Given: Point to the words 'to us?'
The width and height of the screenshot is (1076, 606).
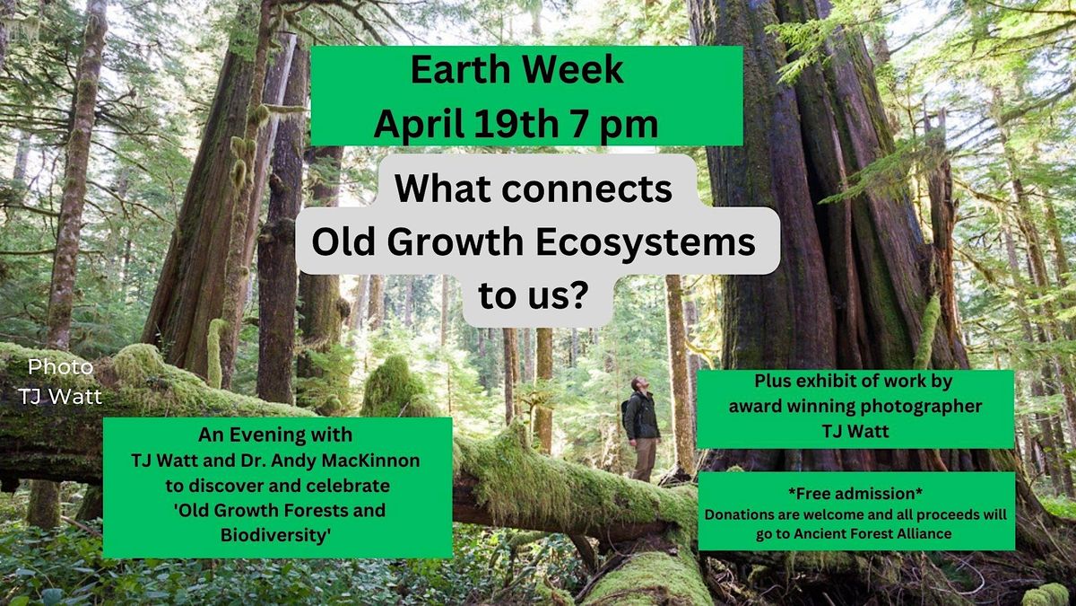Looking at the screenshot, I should (x=533, y=295).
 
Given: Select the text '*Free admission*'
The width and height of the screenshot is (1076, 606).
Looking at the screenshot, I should (x=856, y=495).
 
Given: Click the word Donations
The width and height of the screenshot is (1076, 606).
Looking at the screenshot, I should (x=742, y=515).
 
